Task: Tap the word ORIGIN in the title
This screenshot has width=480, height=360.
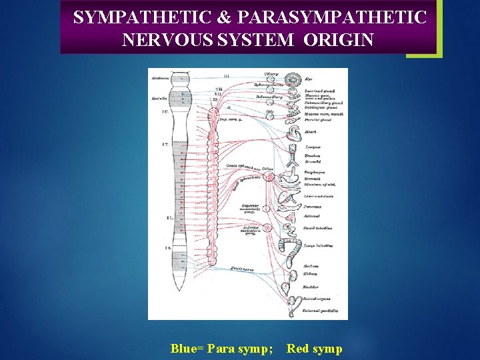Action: [x=338, y=39]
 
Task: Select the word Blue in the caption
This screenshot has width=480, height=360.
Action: [x=185, y=348]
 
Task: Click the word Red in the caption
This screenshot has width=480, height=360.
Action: [x=297, y=348]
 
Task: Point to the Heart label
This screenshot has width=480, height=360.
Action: [x=309, y=132]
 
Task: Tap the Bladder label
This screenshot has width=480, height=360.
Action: [x=311, y=288]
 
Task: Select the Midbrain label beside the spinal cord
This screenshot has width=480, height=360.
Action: [x=160, y=79]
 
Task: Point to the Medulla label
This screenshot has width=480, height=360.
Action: [x=159, y=98]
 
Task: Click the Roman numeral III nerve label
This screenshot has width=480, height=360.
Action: [x=227, y=76]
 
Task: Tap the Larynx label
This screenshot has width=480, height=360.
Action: [x=312, y=147]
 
